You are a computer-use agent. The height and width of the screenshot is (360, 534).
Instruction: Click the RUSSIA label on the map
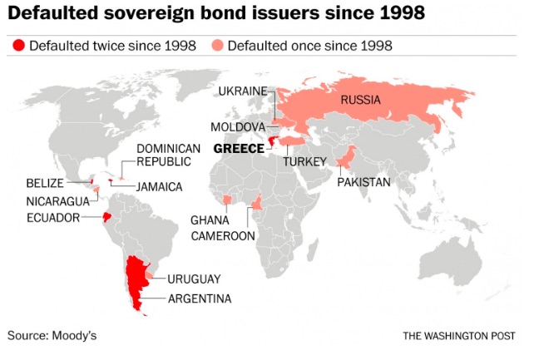[x=360, y=101]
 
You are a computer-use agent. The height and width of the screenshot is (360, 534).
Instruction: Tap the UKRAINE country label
[x=242, y=90]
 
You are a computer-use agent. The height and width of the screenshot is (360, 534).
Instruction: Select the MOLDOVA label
[x=238, y=127]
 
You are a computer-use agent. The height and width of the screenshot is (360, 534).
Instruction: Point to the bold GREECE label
[x=239, y=148]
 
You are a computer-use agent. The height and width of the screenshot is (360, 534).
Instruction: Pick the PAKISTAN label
[x=363, y=181]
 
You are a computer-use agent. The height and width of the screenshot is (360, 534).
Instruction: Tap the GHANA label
[x=210, y=220]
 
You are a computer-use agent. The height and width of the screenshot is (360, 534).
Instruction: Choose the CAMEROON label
[x=224, y=236]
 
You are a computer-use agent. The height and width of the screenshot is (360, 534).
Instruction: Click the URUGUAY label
[x=194, y=279]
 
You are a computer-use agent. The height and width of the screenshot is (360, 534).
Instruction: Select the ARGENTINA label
[x=200, y=298]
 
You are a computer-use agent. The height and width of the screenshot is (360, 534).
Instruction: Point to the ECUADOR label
[x=53, y=218]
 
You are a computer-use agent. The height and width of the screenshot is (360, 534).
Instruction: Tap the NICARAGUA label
[x=55, y=200]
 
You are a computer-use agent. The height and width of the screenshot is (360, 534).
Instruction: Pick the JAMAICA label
[x=159, y=187]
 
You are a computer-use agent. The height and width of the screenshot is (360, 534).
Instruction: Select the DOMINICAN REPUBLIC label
[x=169, y=155]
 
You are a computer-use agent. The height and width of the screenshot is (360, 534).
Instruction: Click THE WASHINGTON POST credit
[x=460, y=336]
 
